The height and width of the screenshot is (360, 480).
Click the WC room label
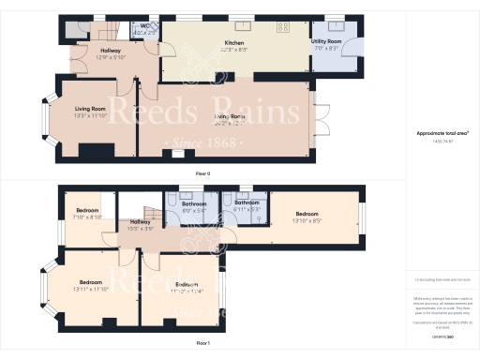tap(145, 26)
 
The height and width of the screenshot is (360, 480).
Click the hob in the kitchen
tap(283, 27)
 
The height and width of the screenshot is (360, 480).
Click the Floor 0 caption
tap(202, 173)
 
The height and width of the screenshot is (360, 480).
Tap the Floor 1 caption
tap(202, 344)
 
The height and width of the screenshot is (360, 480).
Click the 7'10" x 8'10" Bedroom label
tap(87, 211)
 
